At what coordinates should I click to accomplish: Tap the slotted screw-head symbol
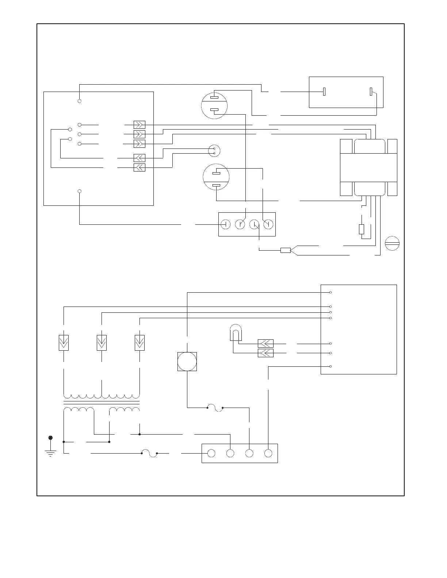pyautogui.click(x=392, y=243)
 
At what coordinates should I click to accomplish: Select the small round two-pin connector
pyautogui.click(x=214, y=151)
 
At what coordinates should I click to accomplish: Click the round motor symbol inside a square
pyautogui.click(x=187, y=362)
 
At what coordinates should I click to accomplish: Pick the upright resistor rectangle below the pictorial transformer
pyautogui.click(x=362, y=229)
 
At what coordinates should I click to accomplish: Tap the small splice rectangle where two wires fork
pyautogui.click(x=285, y=250)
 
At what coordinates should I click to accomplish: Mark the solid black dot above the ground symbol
pyautogui.click(x=50, y=438)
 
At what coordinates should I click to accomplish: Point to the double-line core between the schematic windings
pyautogui.click(x=102, y=402)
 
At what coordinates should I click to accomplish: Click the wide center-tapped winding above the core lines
pyautogui.click(x=102, y=396)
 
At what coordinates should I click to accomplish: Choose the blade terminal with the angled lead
pyautogui.click(x=371, y=92)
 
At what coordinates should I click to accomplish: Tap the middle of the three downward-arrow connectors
pyautogui.click(x=102, y=343)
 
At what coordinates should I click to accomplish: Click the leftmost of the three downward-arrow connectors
pyautogui.click(x=64, y=343)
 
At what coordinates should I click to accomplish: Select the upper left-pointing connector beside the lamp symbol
pyautogui.click(x=265, y=344)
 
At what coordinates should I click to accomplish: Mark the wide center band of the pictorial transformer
pyautogui.click(x=368, y=167)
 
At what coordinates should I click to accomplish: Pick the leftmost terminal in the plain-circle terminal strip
pyautogui.click(x=211, y=453)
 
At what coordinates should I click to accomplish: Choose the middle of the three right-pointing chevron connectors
pyautogui.click(x=140, y=134)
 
